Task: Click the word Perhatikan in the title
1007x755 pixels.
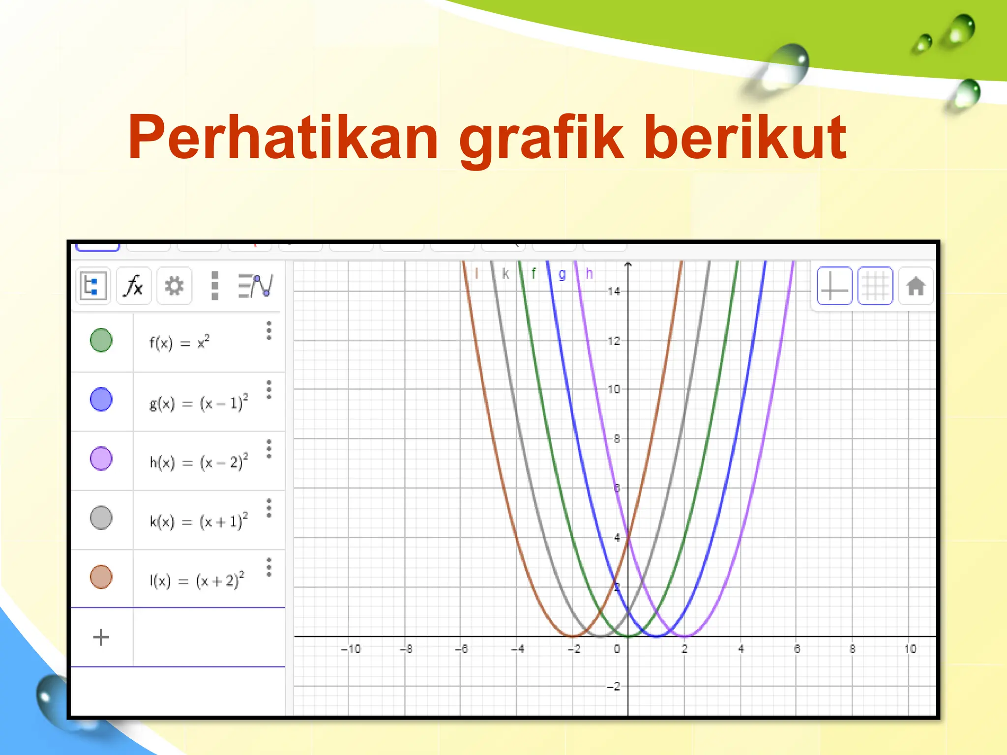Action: pyautogui.click(x=283, y=138)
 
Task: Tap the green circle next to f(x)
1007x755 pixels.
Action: pyautogui.click(x=101, y=340)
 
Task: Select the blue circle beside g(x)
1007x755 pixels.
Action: pyautogui.click(x=101, y=399)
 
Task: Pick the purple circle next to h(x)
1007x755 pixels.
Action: pyautogui.click(x=101, y=459)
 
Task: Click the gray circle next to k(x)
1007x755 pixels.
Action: pyautogui.click(x=101, y=518)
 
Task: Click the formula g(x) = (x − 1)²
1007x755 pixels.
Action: pyautogui.click(x=199, y=403)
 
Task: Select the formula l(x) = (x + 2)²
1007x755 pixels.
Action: pyautogui.click(x=197, y=581)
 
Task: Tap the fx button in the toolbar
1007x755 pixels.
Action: pyautogui.click(x=134, y=286)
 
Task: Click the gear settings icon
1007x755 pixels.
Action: pyautogui.click(x=174, y=286)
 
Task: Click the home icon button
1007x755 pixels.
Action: pyautogui.click(x=916, y=286)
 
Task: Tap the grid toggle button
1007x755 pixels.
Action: pyautogui.click(x=875, y=286)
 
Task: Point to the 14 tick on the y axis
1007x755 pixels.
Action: pyautogui.click(x=614, y=291)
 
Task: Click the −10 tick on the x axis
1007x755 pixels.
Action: pyautogui.click(x=351, y=649)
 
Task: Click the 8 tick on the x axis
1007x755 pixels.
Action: pyautogui.click(x=853, y=649)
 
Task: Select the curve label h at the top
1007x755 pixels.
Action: pyautogui.click(x=589, y=273)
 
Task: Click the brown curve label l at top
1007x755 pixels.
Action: pyautogui.click(x=476, y=273)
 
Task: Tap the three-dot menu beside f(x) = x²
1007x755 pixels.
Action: pyautogui.click(x=269, y=331)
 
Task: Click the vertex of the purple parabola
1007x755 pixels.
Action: pyautogui.click(x=684, y=636)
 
